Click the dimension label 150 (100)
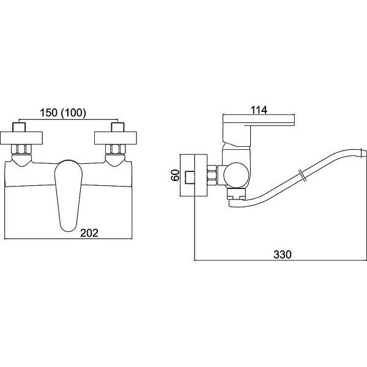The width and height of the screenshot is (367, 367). coord(63,113)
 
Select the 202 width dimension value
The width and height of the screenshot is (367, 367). coord(89,233)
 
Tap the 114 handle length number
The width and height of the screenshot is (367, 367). coord(259,110)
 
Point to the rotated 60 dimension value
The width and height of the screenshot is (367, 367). coord(176,175)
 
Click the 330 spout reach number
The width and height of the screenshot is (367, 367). coord(283,254)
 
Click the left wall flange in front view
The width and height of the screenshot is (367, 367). coord(21,138)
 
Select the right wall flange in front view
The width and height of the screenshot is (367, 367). coord(116,138)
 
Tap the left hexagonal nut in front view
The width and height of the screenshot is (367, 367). coord(21,149)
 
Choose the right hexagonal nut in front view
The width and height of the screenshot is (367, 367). coord(116,149)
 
